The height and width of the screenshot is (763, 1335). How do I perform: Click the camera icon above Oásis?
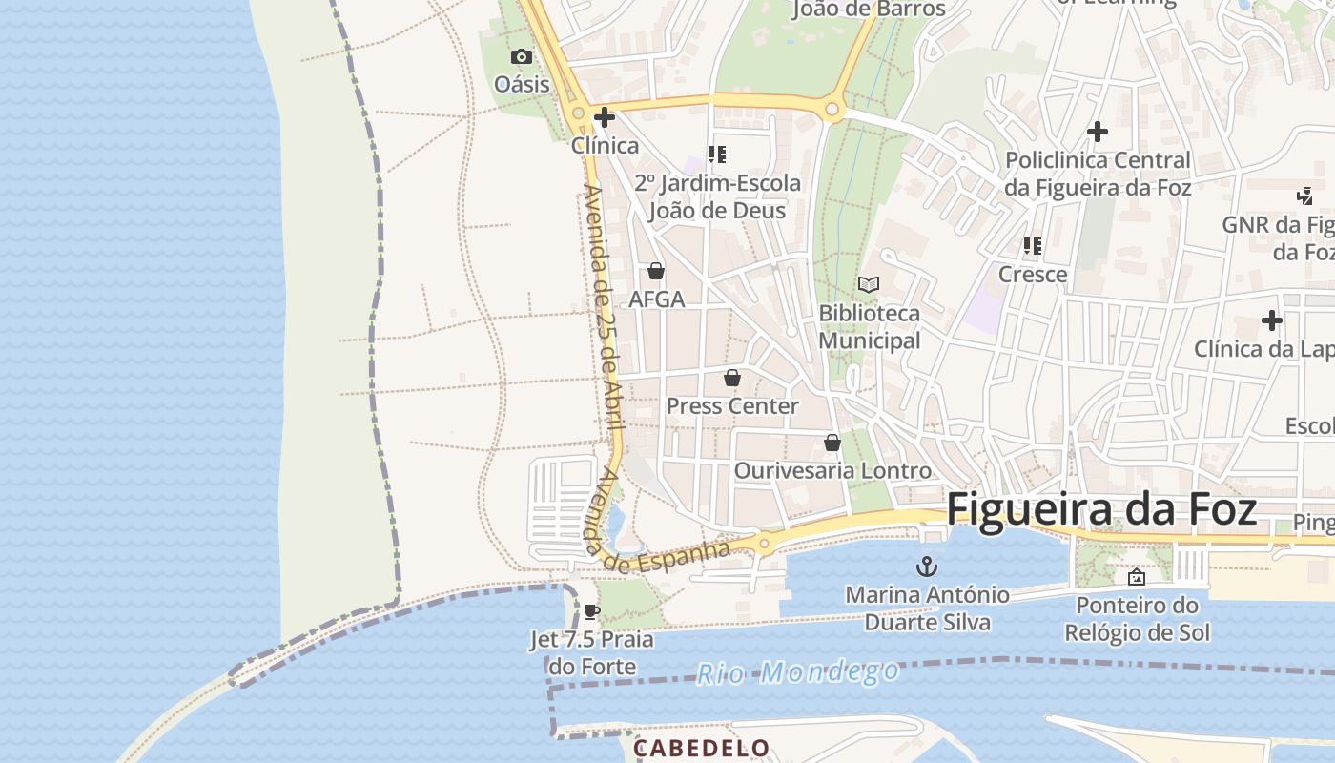[521, 56]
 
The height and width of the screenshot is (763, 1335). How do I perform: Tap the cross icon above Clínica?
[605, 117]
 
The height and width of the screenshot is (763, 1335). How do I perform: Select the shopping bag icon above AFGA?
[656, 271]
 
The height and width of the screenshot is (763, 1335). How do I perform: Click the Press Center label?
[732, 406]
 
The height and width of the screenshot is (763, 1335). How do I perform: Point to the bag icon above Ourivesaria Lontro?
[832, 443]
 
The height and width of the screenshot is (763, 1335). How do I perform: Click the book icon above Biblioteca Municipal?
[869, 284]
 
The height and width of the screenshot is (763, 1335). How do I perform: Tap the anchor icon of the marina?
[926, 567]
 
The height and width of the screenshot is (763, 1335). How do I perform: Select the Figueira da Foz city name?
[1101, 509]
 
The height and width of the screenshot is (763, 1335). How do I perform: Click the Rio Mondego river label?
[797, 672]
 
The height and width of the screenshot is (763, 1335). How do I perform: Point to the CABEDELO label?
[701, 749]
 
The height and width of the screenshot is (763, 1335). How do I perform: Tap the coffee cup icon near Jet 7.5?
[592, 611]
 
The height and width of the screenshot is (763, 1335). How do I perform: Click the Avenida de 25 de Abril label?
[601, 305]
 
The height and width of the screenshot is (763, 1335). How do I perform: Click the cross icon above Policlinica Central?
[1098, 132]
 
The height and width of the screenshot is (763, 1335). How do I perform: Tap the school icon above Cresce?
[1033, 246]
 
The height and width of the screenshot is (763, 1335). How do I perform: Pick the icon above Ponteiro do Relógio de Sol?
[1137, 577]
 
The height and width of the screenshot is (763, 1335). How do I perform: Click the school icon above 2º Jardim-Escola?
[717, 154]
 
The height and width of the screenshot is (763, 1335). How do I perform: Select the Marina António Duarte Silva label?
[927, 608]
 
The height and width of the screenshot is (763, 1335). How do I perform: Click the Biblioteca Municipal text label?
[870, 326]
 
